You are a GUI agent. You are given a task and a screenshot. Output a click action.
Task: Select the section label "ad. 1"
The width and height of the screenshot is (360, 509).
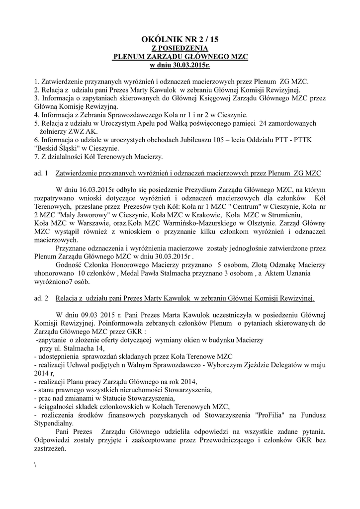[x=40, y=173]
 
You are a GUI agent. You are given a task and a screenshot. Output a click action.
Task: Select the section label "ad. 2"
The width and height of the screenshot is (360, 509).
[x=40, y=298]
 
